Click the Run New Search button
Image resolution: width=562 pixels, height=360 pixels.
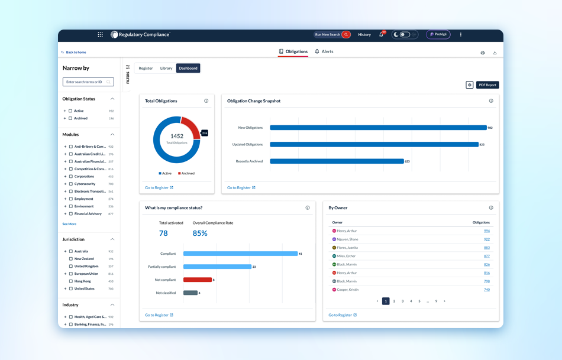(332, 34)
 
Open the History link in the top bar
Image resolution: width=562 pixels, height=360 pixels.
(364, 34)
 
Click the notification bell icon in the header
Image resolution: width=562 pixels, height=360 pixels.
(381, 34)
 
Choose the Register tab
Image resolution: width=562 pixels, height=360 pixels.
(146, 68)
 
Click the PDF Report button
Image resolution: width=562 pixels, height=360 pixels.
(487, 85)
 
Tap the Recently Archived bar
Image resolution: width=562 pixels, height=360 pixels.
(336, 161)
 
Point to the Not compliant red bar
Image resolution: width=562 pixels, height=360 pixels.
(197, 280)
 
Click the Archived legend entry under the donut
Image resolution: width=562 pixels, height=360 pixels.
(186, 173)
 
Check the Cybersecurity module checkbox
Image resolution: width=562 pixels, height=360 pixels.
(70, 184)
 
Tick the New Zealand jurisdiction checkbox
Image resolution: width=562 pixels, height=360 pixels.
(70, 259)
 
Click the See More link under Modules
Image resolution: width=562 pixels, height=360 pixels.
(69, 224)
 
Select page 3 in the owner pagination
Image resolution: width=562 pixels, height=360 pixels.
(402, 301)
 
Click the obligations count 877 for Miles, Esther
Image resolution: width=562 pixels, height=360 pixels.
(486, 256)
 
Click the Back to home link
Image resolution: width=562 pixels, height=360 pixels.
(74, 52)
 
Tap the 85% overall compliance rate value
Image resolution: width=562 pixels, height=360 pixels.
(200, 233)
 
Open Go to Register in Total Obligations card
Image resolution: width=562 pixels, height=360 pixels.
(159, 187)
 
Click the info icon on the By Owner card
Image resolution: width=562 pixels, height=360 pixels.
(491, 207)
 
